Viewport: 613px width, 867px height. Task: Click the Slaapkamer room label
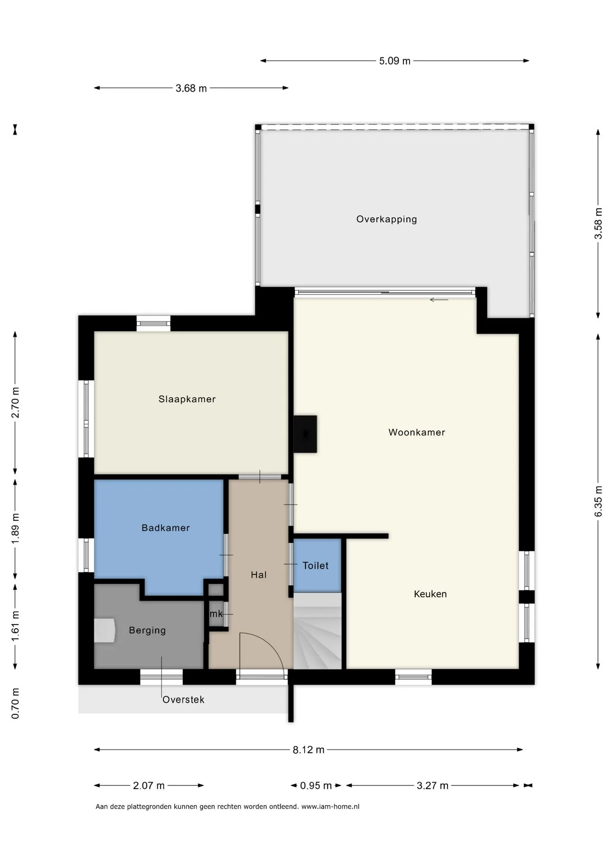pos(187,399)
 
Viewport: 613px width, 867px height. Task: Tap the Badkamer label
pos(166,528)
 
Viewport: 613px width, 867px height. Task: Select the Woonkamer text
pos(417,433)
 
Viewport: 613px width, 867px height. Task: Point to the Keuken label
pos(430,594)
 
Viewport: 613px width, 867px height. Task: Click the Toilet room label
pos(316,566)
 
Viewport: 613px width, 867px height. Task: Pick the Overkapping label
pos(386,219)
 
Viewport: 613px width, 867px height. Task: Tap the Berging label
pos(147,630)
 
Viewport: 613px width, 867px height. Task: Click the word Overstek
pos(183,699)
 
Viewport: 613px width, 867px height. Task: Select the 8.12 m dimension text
pos(308,750)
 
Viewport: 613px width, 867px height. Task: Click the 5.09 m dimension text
pos(395,61)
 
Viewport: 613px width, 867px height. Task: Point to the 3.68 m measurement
pos(191,89)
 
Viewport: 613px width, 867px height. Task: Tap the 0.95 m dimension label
pos(316,786)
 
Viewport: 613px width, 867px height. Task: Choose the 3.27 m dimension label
pos(432,786)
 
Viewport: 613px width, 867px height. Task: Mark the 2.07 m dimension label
pos(149,786)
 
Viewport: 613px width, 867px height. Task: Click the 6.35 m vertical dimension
pos(598,501)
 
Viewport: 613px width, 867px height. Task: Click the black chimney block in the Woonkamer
pos(305,434)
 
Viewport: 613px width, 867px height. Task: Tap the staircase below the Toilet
pos(317,631)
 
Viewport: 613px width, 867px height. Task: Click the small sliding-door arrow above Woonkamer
pos(439,300)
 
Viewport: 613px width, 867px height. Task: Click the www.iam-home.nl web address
pos(330,806)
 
